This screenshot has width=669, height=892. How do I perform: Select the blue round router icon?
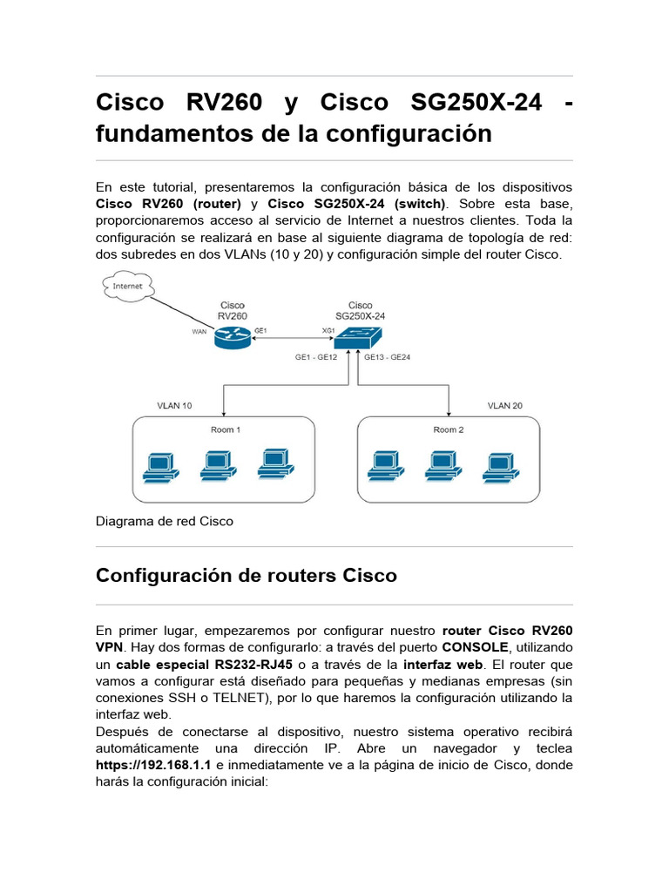(231, 335)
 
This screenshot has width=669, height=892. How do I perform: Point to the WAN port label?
(199, 331)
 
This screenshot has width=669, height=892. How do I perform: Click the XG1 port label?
(328, 331)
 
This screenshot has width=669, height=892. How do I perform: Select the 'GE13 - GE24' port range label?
(388, 357)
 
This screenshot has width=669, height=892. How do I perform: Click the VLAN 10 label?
(174, 406)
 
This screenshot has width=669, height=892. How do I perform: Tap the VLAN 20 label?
(505, 406)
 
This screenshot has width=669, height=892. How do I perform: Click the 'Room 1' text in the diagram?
(226, 429)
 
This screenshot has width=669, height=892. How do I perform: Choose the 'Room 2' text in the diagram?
(449, 429)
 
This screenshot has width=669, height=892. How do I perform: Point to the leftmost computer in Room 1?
(159, 468)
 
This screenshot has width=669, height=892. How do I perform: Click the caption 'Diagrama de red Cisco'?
(165, 522)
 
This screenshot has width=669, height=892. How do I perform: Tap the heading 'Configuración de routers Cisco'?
(246, 576)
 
